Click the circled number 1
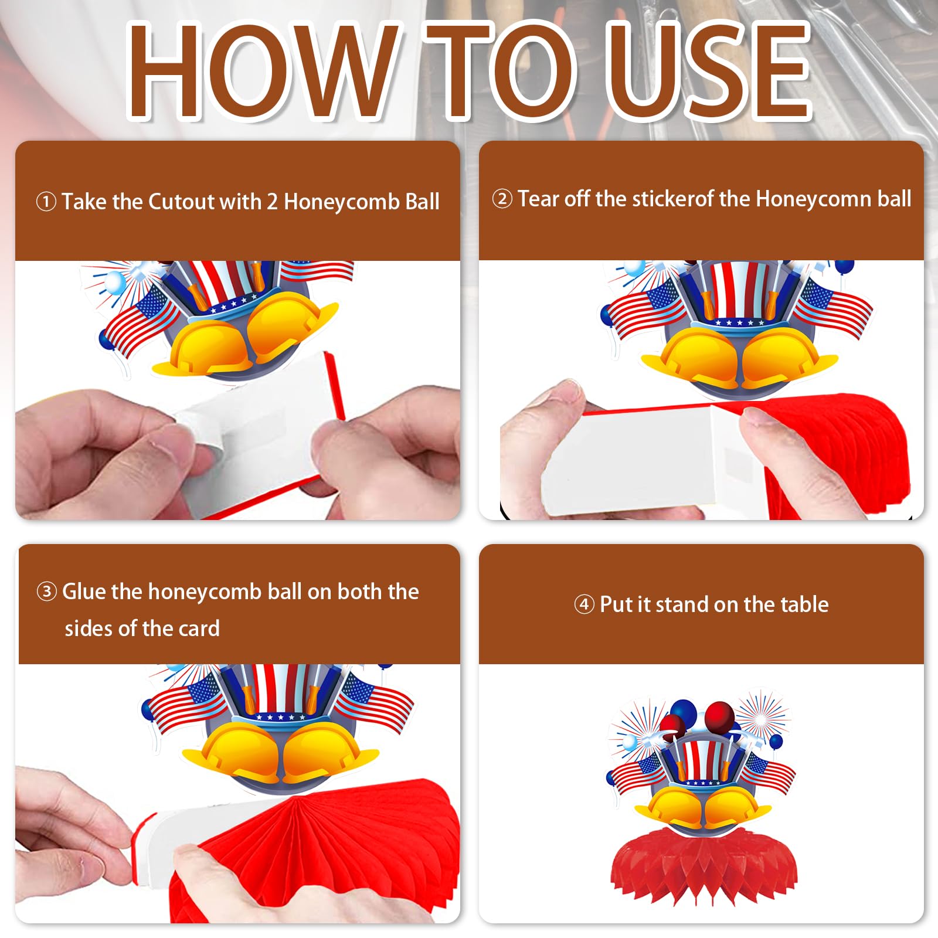(x=46, y=202)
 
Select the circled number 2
(x=502, y=199)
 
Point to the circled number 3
(x=47, y=592)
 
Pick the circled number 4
(x=584, y=604)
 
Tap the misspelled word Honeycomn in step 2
(x=814, y=199)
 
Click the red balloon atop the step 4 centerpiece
(x=720, y=715)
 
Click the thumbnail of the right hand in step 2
(x=756, y=417)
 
